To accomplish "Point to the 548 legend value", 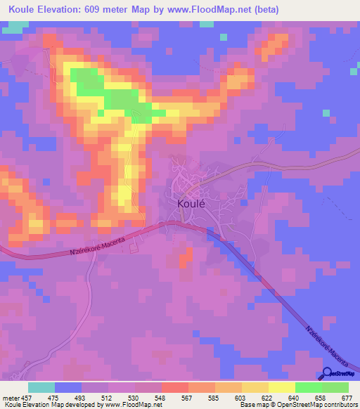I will point(169,398).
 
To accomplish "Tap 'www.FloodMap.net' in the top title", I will point(214,10).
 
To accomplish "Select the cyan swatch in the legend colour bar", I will point(41,387).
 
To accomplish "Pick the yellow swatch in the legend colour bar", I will point(282,387).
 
